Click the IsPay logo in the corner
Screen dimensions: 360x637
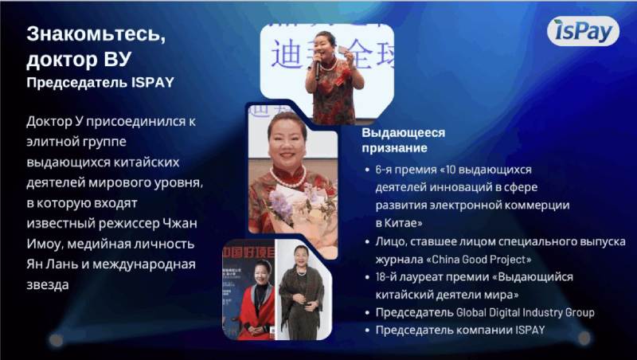(583, 31)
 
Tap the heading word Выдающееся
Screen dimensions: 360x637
(404, 132)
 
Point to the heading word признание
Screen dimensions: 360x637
(395, 148)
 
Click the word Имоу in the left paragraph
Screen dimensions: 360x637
(46, 244)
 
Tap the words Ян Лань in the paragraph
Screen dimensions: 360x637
(51, 264)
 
